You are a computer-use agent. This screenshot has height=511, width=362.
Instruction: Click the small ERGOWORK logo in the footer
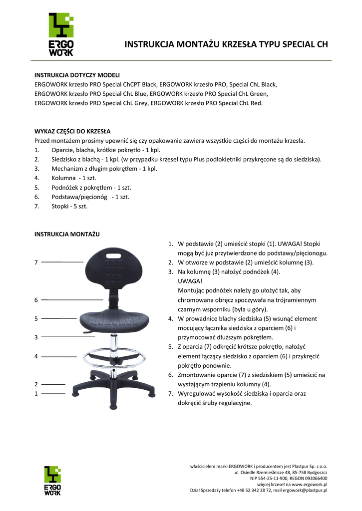[x=52, y=481]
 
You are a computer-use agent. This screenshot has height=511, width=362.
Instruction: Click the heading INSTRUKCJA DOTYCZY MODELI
[x=77, y=75]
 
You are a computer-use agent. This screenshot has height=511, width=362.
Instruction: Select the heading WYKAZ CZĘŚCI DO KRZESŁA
[x=72, y=132]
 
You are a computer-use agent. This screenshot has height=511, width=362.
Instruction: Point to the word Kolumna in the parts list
[x=64, y=178]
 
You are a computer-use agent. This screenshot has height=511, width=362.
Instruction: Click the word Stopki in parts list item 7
[x=61, y=206]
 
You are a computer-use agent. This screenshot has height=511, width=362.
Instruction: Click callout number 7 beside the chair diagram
[x=36, y=262]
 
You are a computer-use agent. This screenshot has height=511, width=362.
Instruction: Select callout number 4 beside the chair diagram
[x=36, y=356]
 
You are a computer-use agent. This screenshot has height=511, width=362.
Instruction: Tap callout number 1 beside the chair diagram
[x=36, y=394]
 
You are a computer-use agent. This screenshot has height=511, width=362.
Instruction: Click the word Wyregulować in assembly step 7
[x=198, y=394]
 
